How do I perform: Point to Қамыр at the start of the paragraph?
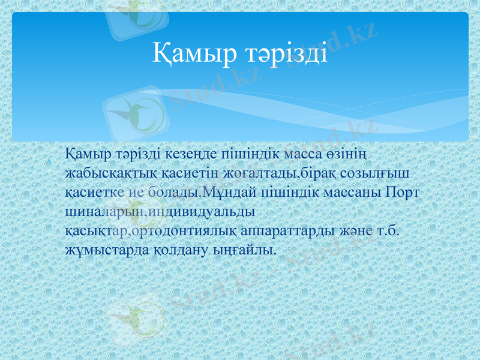[x=88, y=155]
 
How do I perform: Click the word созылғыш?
[x=375, y=174]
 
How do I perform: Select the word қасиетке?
[x=92, y=193]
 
